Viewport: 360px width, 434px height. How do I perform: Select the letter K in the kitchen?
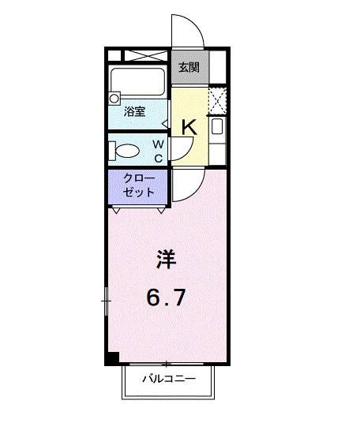pos(189,125)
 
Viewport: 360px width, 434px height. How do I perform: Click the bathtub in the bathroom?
pos(137,82)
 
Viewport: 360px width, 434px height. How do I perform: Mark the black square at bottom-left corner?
pos(112,357)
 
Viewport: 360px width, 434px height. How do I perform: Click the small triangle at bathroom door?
pos(165,123)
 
